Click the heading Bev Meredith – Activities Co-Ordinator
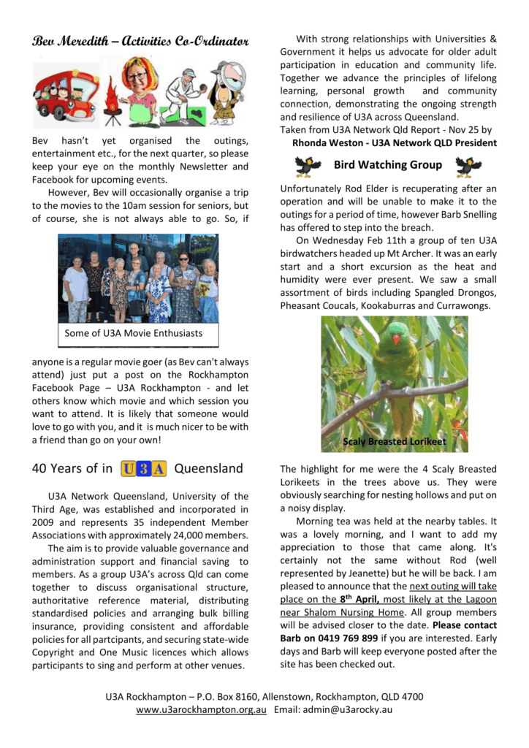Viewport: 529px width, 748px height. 140,41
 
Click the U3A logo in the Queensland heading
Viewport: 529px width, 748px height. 144,468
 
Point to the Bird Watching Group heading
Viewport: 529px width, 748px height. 387,165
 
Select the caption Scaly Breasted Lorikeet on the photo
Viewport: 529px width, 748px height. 395,442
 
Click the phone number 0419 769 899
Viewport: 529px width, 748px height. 352,638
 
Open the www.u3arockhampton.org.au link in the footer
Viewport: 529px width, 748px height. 201,710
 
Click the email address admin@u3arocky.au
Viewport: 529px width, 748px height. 346,710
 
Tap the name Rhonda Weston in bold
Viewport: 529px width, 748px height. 329,143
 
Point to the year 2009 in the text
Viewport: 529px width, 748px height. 44,522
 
